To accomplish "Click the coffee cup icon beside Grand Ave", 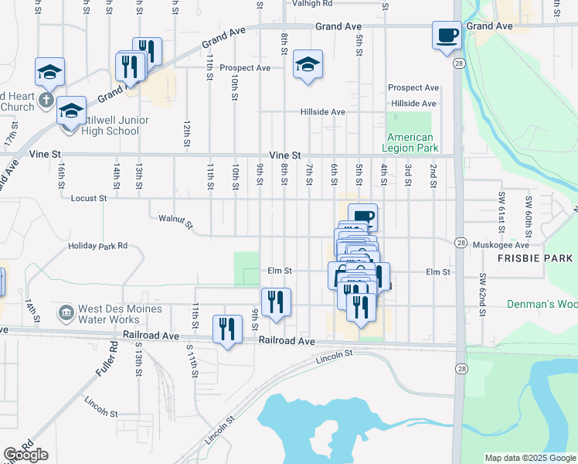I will point(447,35).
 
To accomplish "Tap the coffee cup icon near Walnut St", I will point(362,217).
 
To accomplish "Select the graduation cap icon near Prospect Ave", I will point(308,64).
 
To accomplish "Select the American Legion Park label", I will point(412,142).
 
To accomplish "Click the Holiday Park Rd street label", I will point(97,246).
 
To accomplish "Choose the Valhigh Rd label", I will point(311,4).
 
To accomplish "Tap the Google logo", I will point(25,455).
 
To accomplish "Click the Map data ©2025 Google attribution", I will point(530,458).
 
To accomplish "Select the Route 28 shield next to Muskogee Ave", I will point(460,242).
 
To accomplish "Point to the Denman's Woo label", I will point(542,304).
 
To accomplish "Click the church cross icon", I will point(46,99).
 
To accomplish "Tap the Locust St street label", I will point(88,199).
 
